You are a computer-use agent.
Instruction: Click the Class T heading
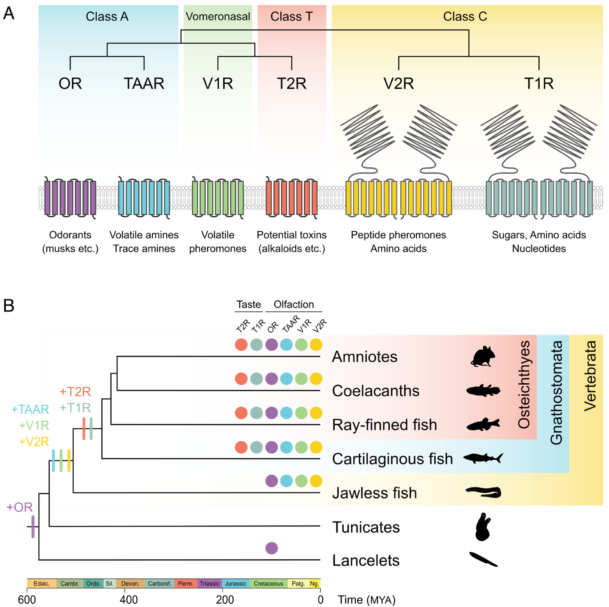pyautogui.click(x=291, y=16)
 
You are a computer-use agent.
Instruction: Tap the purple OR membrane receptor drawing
pyautogui.click(x=70, y=198)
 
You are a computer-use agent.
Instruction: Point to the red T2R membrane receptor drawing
pyautogui.click(x=291, y=198)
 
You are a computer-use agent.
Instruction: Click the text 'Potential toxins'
pyautogui.click(x=291, y=235)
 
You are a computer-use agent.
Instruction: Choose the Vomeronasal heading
pyautogui.click(x=218, y=16)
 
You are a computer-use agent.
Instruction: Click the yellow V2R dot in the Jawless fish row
pyautogui.click(x=316, y=481)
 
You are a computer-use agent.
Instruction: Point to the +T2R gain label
pyautogui.click(x=75, y=392)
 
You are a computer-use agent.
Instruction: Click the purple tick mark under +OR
pyautogui.click(x=33, y=527)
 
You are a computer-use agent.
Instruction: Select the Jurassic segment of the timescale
pyautogui.click(x=235, y=583)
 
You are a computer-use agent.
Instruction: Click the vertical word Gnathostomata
pyautogui.click(x=556, y=393)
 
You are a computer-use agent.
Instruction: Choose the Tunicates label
pyautogui.click(x=366, y=527)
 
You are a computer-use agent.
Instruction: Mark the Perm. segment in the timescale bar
pyautogui.click(x=185, y=583)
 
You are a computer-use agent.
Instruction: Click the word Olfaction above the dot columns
pyautogui.click(x=294, y=304)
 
